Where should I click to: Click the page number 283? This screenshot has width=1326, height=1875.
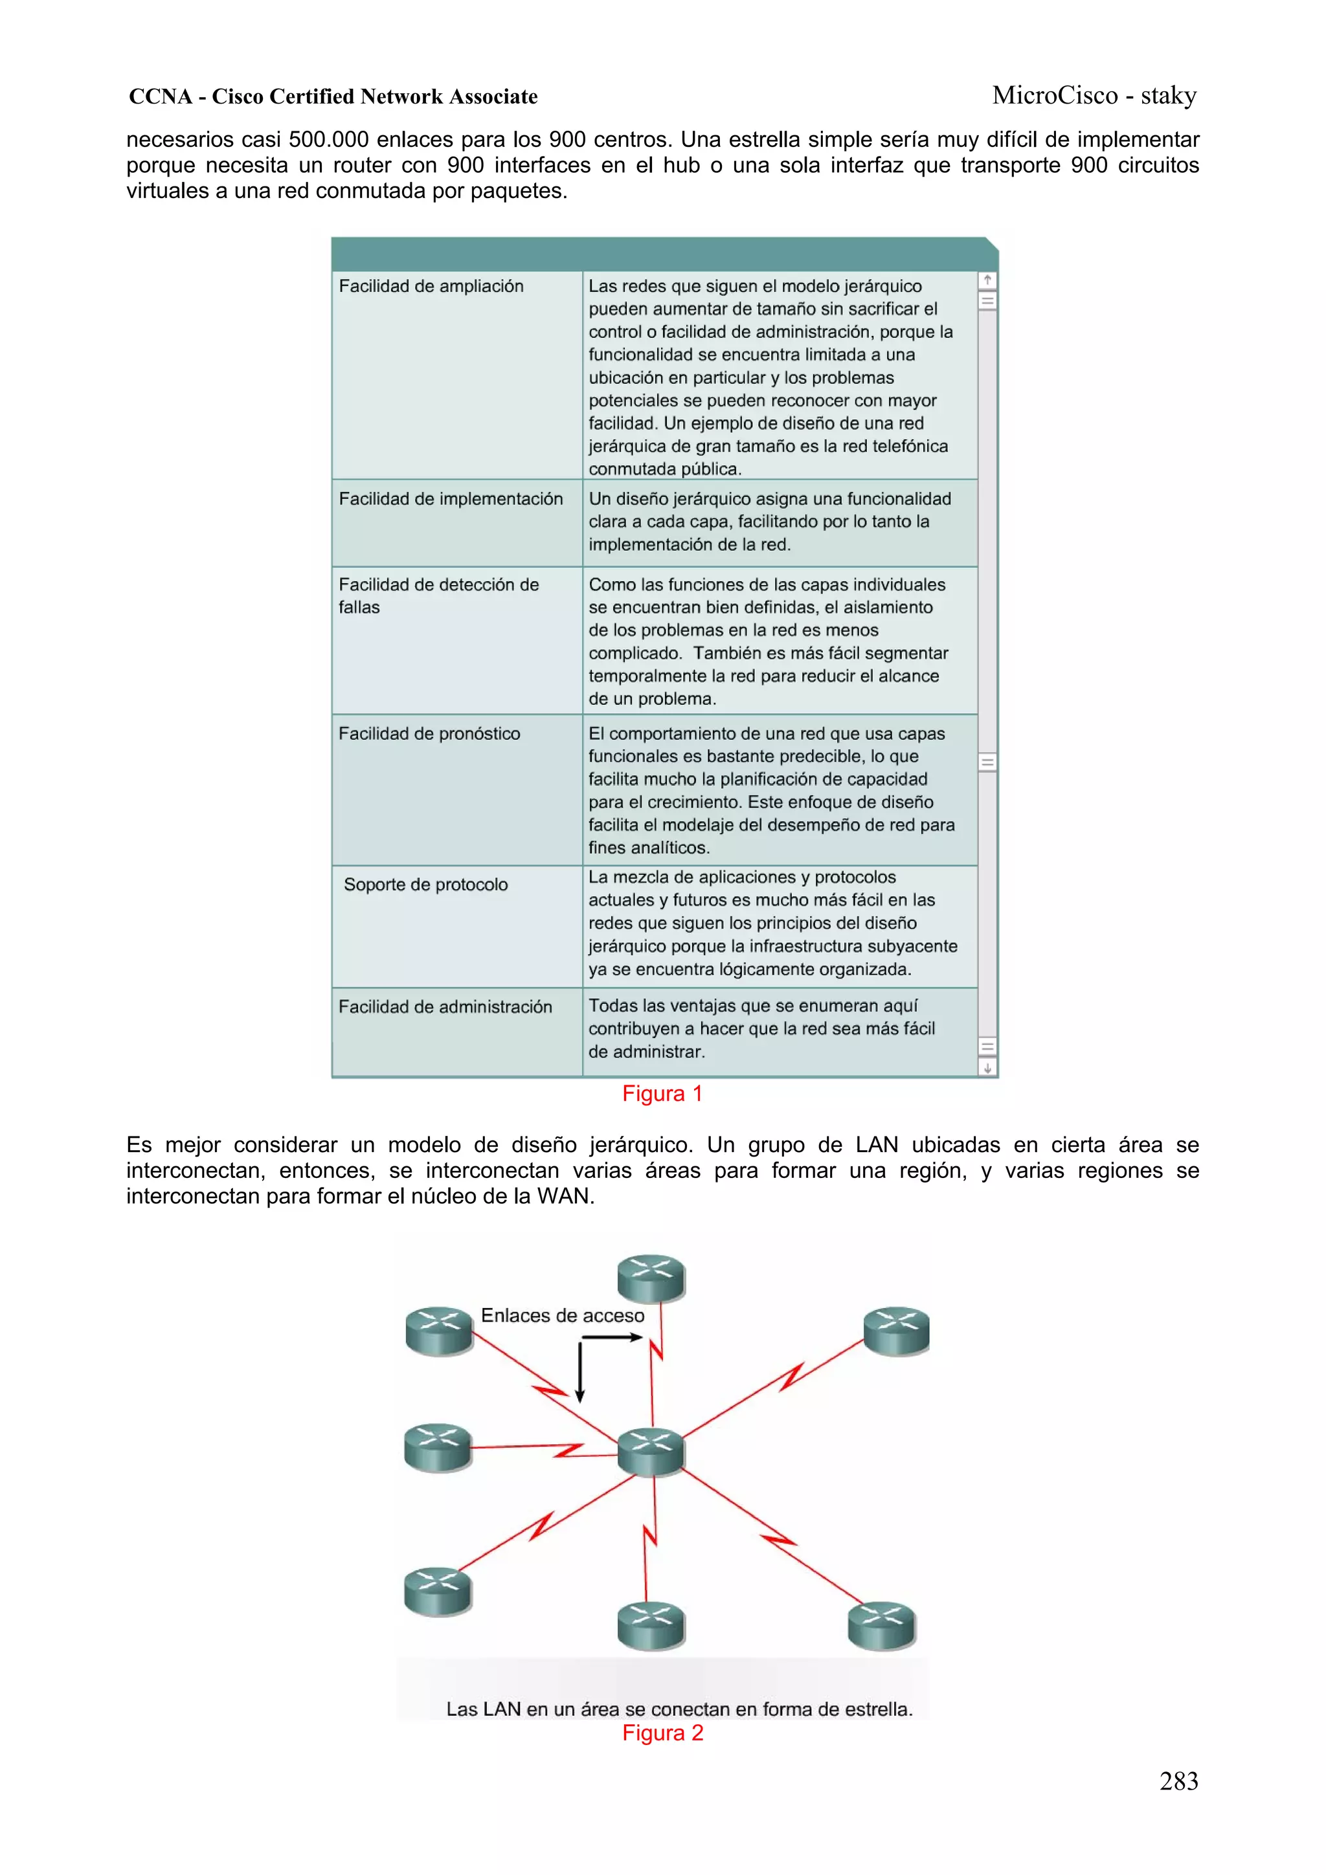(x=1178, y=1781)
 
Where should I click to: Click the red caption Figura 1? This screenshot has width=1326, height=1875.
(x=662, y=1093)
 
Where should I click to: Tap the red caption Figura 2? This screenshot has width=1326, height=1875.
(x=662, y=1733)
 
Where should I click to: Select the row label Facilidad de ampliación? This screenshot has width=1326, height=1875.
(x=431, y=286)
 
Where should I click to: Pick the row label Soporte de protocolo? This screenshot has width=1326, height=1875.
(x=425, y=884)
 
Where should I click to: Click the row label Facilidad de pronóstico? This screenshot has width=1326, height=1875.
(x=429, y=733)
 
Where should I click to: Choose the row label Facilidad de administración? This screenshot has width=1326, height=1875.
(x=445, y=1007)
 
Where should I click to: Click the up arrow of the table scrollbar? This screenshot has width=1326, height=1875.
(x=987, y=280)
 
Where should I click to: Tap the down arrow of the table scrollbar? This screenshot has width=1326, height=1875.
(x=987, y=1067)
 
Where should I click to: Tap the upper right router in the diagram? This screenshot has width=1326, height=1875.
(x=896, y=1331)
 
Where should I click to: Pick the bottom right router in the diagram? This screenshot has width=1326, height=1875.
(x=882, y=1625)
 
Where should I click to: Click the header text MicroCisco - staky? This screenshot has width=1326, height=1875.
(x=1094, y=96)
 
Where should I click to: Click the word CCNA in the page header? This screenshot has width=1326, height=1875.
(x=160, y=96)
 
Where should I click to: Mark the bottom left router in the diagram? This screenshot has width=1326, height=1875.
(x=438, y=1591)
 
